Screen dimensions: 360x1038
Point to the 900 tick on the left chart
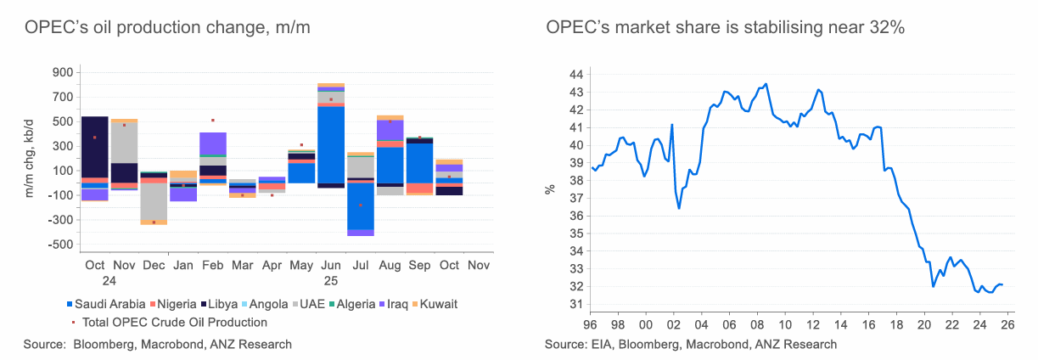click(x=61, y=73)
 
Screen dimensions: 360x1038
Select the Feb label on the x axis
click(x=213, y=266)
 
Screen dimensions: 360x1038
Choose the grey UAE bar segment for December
click(x=154, y=202)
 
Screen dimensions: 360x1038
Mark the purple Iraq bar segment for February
click(x=213, y=143)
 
